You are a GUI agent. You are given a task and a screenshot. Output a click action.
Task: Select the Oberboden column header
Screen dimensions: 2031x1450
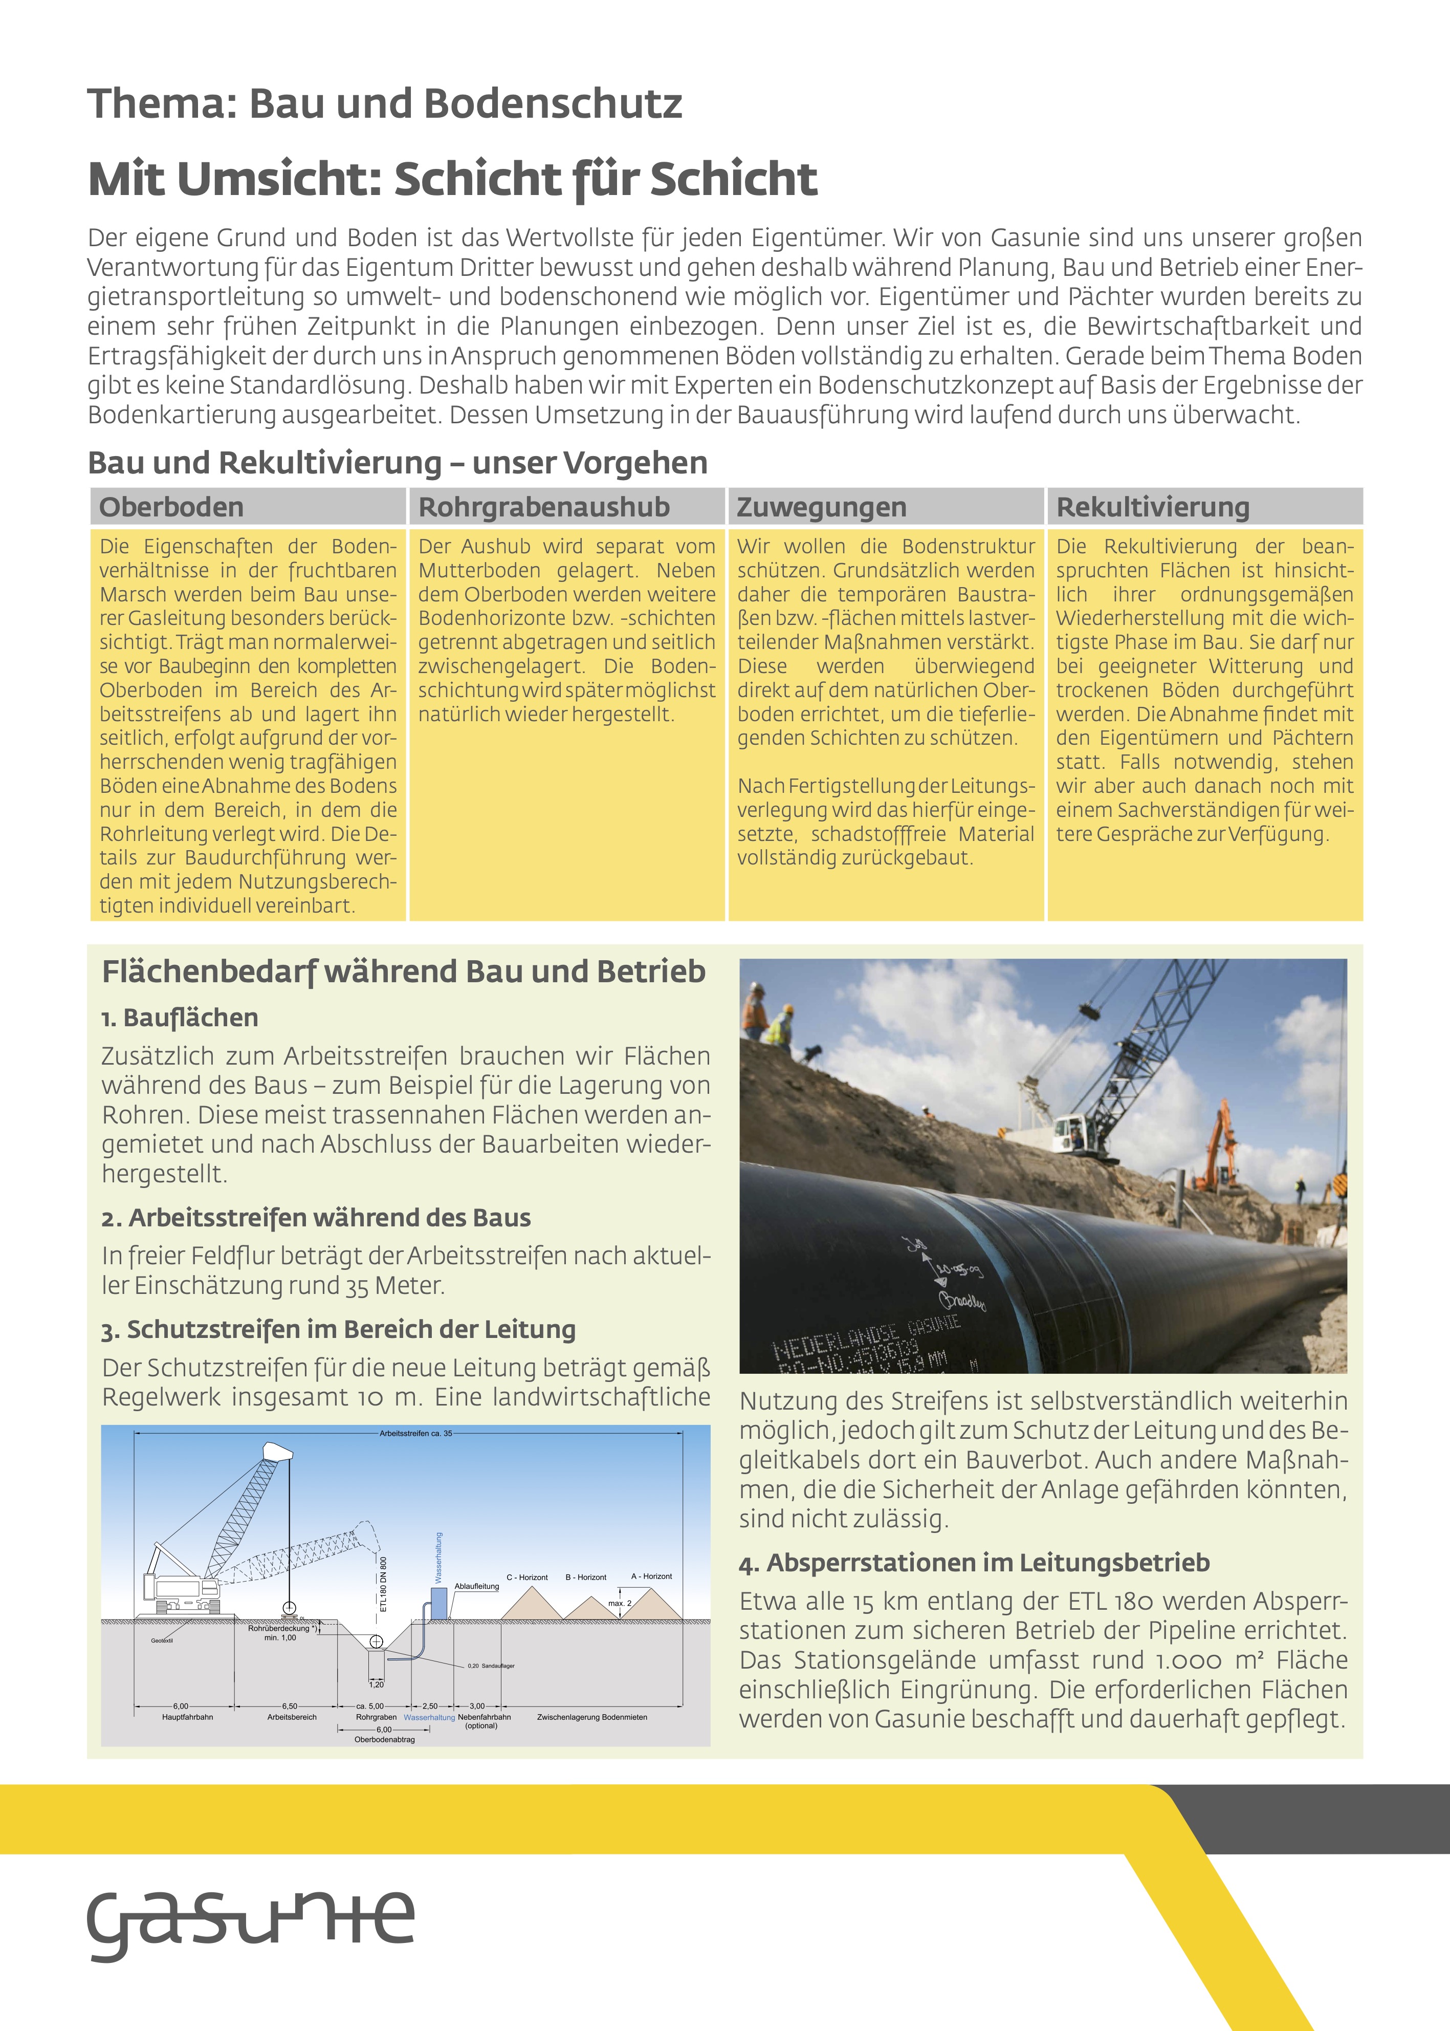tap(171, 507)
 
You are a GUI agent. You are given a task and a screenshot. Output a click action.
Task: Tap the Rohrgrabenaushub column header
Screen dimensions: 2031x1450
tap(544, 507)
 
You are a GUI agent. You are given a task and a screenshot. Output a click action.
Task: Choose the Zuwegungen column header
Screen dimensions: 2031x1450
tap(821, 507)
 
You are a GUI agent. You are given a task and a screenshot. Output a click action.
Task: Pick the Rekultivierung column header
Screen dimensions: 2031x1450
tap(1153, 507)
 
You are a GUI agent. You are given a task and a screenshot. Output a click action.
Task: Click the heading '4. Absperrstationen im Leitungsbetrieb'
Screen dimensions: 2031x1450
tap(974, 1562)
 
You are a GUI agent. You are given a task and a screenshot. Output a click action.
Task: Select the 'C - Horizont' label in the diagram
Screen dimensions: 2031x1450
tap(527, 1578)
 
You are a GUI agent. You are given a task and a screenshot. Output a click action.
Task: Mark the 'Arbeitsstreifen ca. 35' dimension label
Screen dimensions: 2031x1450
tap(416, 1434)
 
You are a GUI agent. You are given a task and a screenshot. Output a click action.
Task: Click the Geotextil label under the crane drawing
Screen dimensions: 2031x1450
tap(162, 1640)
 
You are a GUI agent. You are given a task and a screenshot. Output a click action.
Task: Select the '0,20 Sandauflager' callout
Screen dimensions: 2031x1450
tap(491, 1666)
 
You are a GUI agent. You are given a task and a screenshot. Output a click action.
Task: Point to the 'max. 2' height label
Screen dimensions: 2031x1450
tap(620, 1603)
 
